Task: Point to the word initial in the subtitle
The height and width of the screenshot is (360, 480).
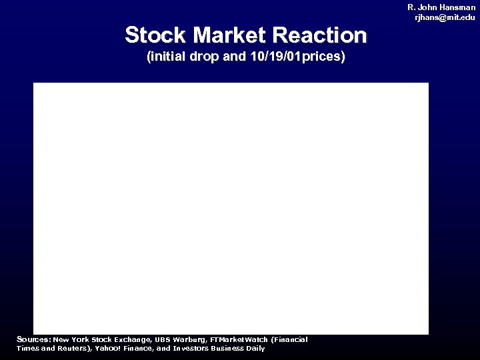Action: [x=167, y=57]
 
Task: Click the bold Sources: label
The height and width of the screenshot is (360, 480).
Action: [x=33, y=339]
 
